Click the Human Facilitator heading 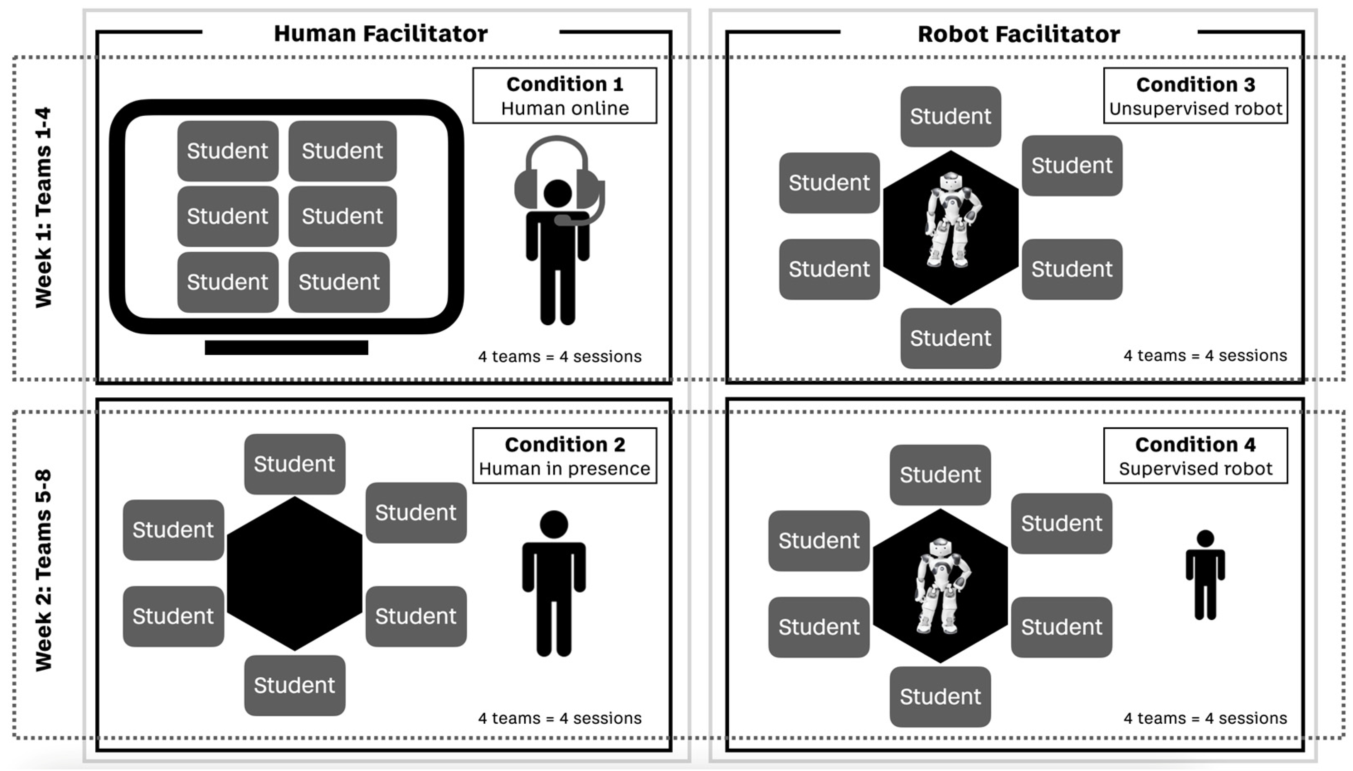[380, 33]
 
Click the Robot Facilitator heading [1018, 34]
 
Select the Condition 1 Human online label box [565, 96]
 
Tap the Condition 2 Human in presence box [565, 456]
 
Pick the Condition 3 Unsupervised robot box [1195, 96]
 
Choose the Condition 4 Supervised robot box [1195, 456]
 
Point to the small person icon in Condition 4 [1205, 574]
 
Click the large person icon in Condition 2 [553, 582]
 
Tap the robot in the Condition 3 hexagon [951, 220]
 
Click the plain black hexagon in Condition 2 [294, 574]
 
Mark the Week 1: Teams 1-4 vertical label [44, 207]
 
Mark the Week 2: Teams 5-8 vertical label [44, 570]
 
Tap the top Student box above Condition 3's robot [951, 117]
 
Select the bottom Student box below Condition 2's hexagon [294, 685]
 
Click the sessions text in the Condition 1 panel [560, 356]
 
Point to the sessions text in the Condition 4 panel [1205, 718]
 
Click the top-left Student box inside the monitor [228, 151]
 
